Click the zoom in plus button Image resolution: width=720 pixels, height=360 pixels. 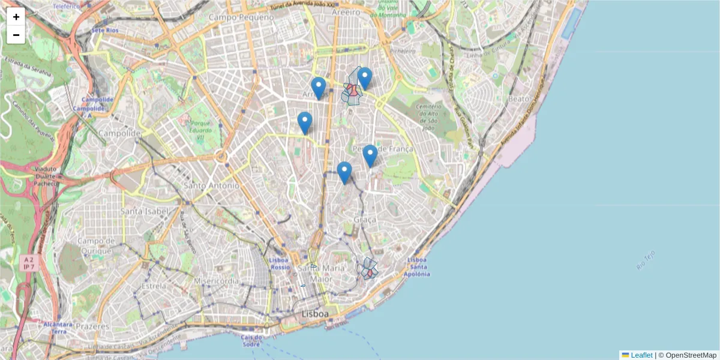[x=16, y=17]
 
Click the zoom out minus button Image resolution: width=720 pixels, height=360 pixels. [x=16, y=35]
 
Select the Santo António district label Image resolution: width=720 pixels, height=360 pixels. [x=211, y=186]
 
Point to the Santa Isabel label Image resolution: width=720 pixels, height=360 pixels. [x=144, y=211]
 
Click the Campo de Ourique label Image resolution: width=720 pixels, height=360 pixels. [x=95, y=245]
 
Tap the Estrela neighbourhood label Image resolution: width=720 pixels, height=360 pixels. [x=154, y=286]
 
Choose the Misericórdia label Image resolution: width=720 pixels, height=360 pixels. [x=212, y=281]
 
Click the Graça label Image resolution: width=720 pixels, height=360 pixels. [x=365, y=221]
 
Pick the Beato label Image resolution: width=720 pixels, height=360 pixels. [x=518, y=98]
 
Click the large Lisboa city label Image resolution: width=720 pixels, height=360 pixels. [x=315, y=314]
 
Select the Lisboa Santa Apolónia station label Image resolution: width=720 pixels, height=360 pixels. [x=418, y=267]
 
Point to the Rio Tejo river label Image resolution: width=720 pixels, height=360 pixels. [x=646, y=260]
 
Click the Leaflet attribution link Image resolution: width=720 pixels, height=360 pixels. [x=641, y=355]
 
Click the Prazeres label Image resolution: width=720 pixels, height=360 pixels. [x=92, y=326]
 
